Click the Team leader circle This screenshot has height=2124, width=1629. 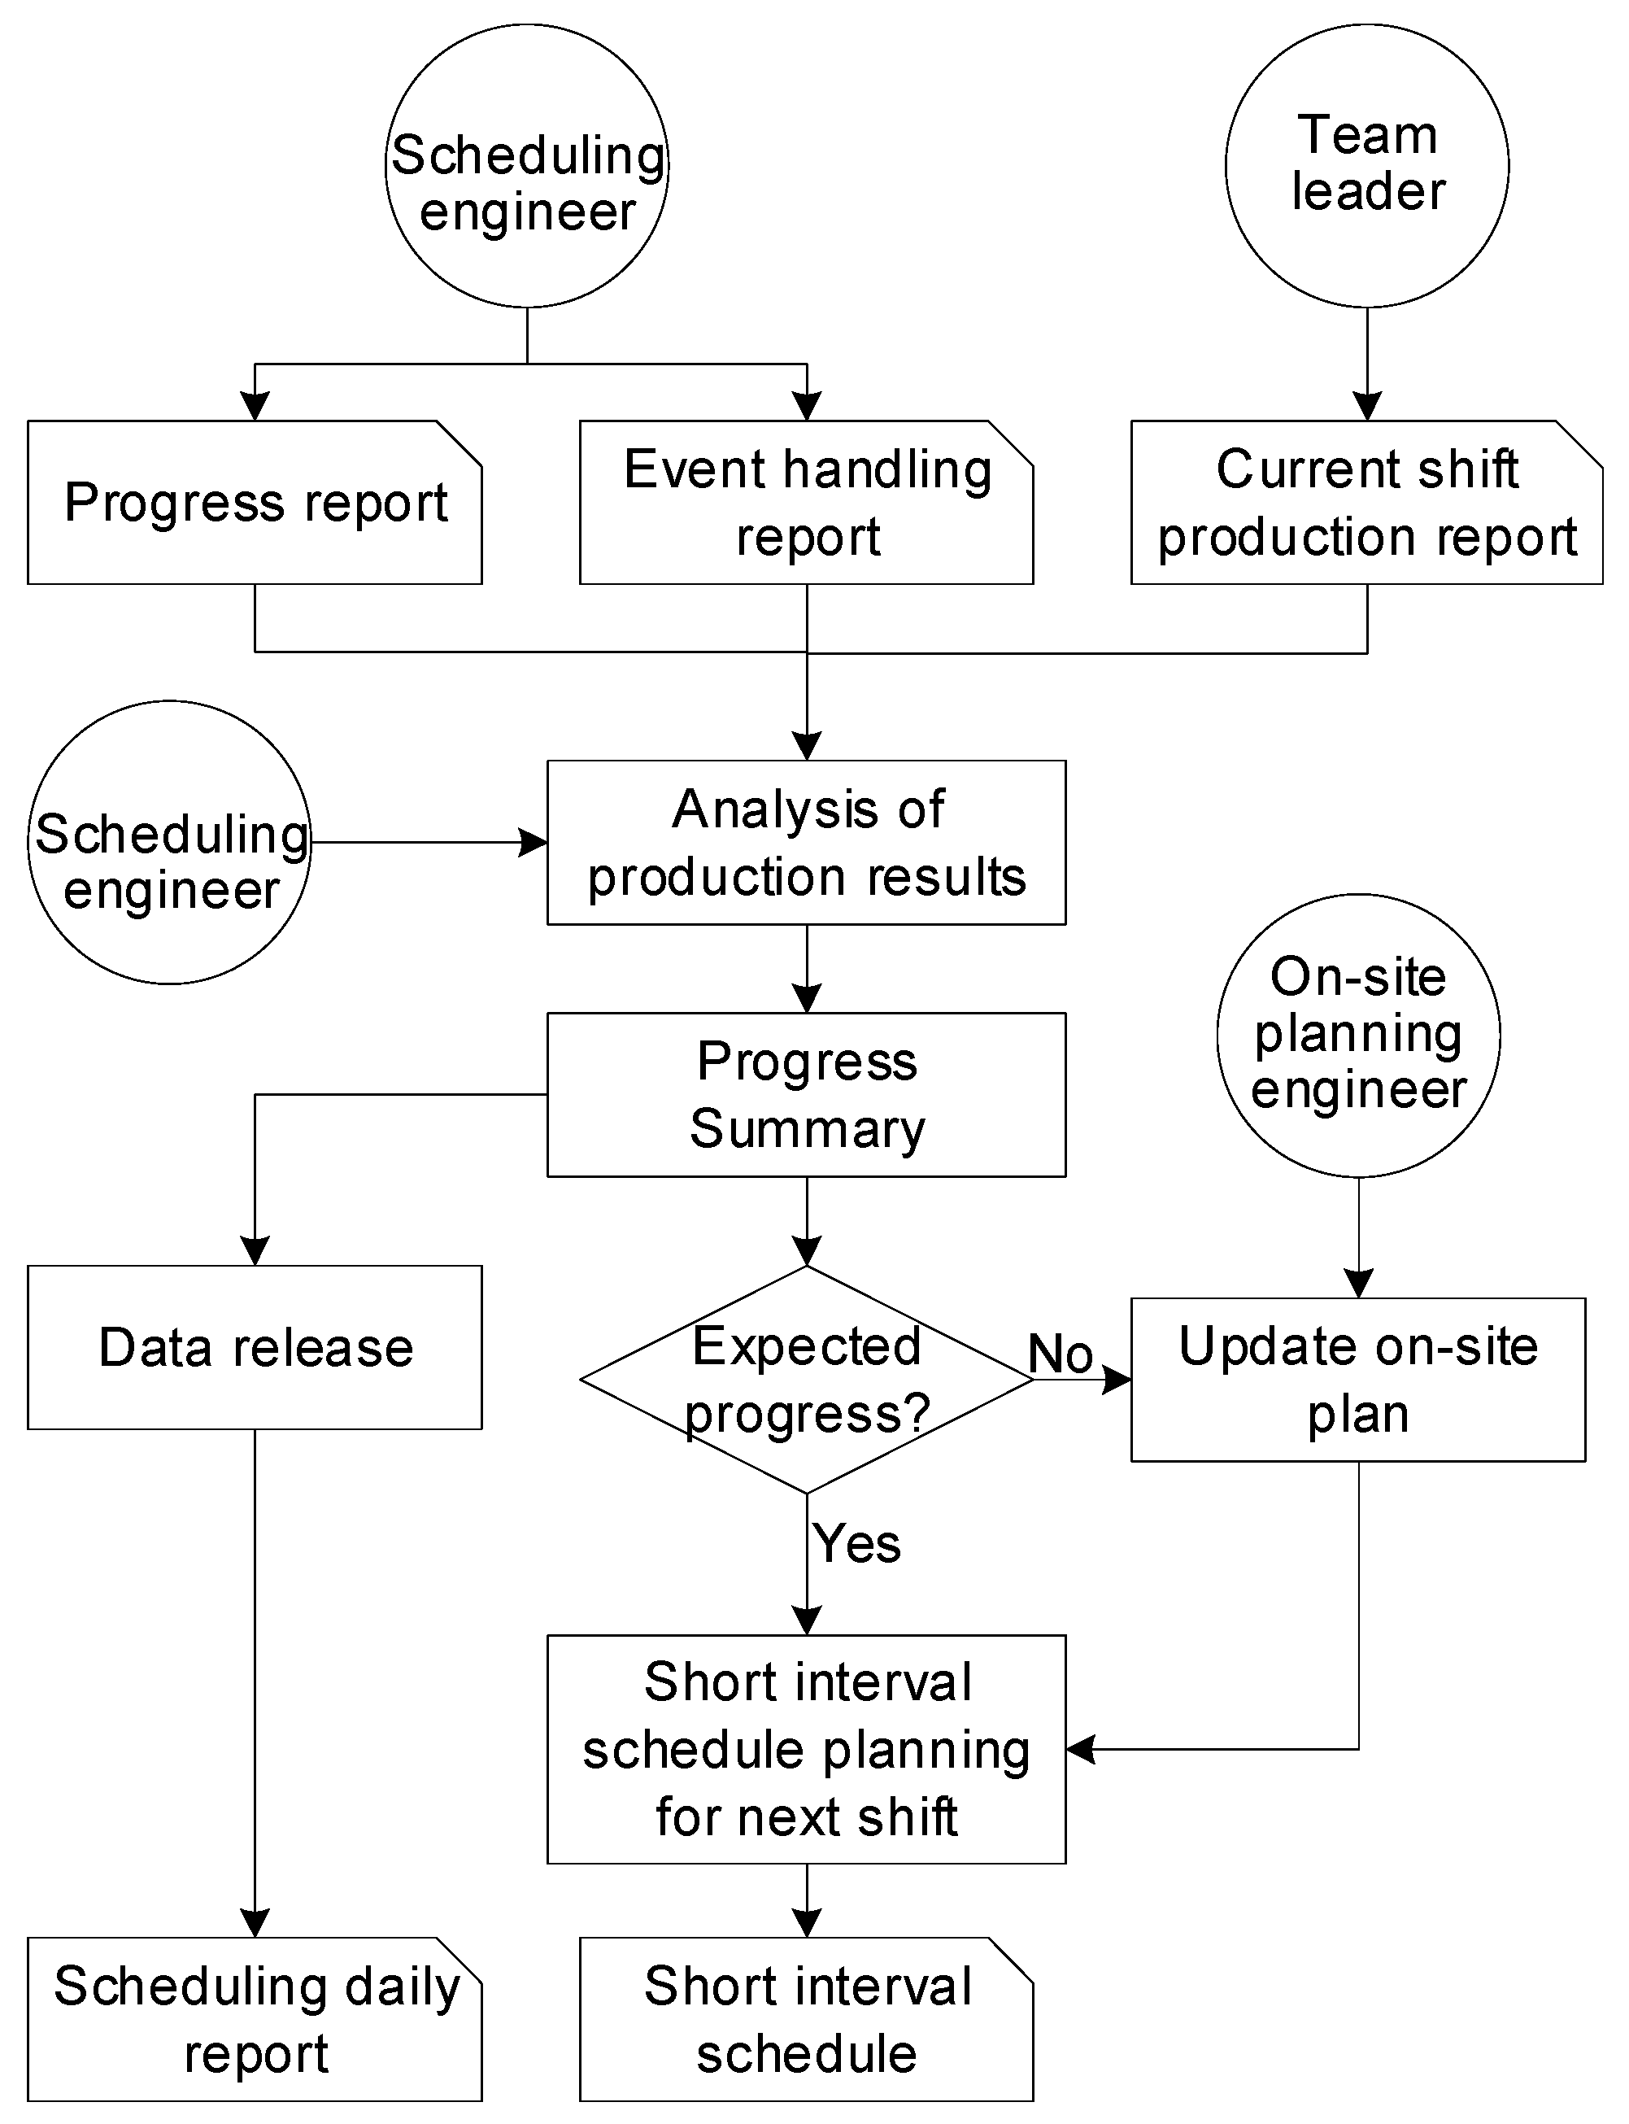pos(1366,166)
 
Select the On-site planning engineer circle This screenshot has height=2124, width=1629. pos(1357,1035)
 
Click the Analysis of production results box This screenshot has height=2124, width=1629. pos(806,842)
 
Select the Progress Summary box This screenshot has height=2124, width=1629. pos(806,1094)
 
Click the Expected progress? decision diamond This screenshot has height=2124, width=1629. pos(806,1378)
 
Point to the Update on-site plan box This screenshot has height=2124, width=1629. pos(1357,1378)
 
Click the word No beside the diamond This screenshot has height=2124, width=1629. pos(1060,1353)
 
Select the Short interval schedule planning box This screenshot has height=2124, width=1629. pos(806,1749)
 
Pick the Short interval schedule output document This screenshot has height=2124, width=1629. pos(806,2019)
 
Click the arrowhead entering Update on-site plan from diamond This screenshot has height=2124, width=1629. pos(1118,1378)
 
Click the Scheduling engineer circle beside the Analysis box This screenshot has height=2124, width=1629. pos(170,842)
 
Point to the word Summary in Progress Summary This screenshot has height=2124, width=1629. pos(807,1128)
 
